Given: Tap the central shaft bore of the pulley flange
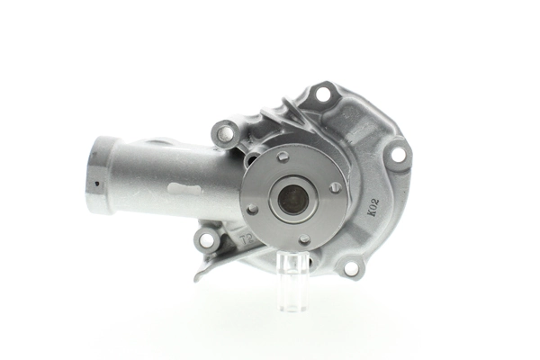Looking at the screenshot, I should [292, 199].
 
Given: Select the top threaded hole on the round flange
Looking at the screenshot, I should [283, 157].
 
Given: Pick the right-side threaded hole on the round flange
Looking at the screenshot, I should [335, 187].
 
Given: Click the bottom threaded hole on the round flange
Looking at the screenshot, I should [304, 239].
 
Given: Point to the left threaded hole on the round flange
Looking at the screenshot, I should [252, 209].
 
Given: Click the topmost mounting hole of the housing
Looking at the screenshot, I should [321, 94].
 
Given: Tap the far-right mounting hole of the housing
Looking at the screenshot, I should [397, 154].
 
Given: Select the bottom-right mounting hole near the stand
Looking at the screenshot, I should [349, 266].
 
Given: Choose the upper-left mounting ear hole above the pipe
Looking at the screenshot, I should [225, 134].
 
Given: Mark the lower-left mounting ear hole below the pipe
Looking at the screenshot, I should [207, 240].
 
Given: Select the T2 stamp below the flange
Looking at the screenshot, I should [246, 241].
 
